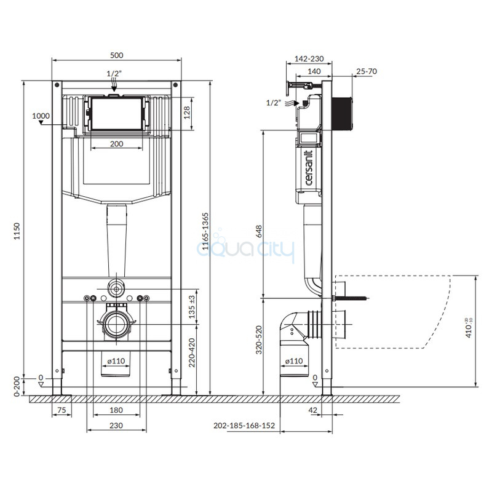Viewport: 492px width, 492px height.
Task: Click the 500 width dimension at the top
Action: point(116,55)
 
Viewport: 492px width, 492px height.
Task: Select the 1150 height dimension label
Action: point(17,231)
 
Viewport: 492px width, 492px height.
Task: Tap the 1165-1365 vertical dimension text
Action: point(205,231)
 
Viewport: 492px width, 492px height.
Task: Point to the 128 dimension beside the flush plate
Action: point(187,113)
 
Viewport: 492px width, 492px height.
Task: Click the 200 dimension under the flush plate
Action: point(116,144)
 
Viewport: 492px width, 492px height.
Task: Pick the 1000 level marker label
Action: point(41,116)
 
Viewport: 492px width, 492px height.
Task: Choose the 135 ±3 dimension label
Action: point(192,307)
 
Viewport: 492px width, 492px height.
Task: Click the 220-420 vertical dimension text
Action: point(192,352)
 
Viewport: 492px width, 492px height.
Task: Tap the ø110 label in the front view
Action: point(116,361)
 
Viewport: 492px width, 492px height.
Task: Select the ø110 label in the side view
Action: point(294,361)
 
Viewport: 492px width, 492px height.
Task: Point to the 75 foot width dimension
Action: point(62,410)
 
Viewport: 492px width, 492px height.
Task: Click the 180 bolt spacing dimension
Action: point(116,410)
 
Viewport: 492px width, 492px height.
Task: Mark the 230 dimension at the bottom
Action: point(116,426)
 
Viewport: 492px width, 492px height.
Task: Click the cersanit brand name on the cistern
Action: point(309,168)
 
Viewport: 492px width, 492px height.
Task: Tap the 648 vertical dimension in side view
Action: point(259,232)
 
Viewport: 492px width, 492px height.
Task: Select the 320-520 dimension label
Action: point(259,340)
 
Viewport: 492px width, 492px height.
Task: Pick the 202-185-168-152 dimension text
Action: point(244,426)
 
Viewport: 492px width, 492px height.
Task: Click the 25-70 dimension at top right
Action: point(367,71)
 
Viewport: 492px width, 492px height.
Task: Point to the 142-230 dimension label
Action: point(309,58)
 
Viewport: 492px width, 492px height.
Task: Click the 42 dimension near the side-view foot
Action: point(313,410)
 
